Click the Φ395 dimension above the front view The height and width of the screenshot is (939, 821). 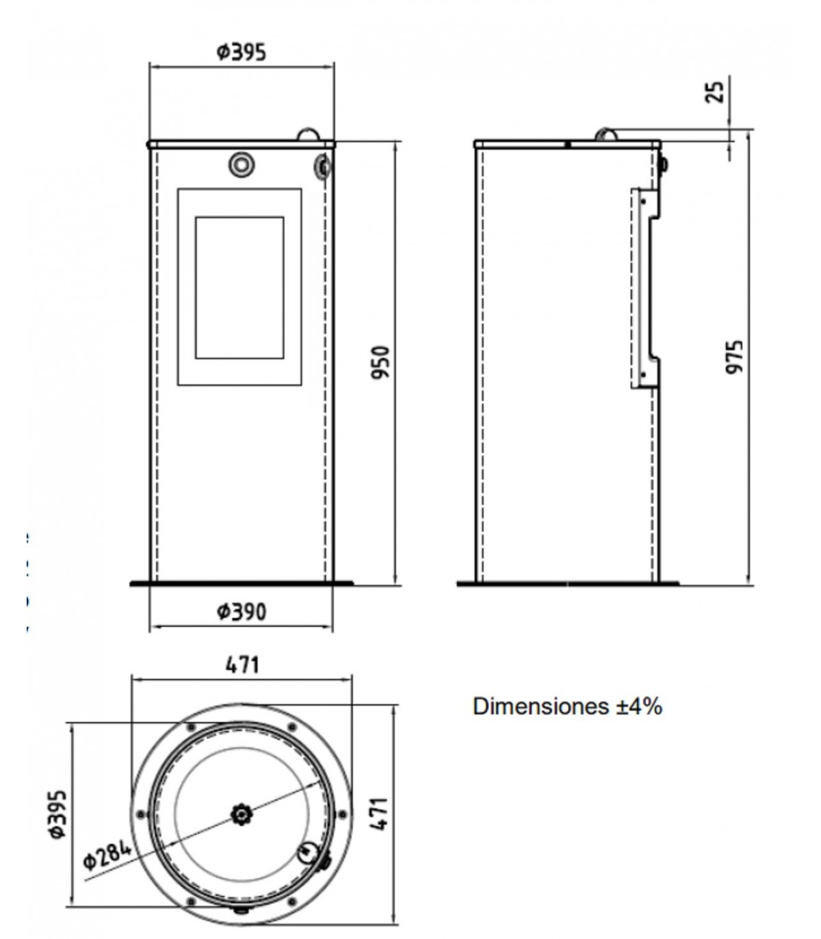pyautogui.click(x=242, y=52)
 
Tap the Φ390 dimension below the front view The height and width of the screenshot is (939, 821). pyautogui.click(x=242, y=612)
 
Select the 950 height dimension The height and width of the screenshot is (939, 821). pyautogui.click(x=380, y=363)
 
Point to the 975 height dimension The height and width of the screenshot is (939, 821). pyautogui.click(x=734, y=357)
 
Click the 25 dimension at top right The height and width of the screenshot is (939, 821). pyautogui.click(x=714, y=92)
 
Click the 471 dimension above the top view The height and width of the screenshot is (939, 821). pyautogui.click(x=242, y=665)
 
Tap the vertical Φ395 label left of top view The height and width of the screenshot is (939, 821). pyautogui.click(x=58, y=814)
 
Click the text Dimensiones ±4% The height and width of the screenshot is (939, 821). pyautogui.click(x=567, y=706)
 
